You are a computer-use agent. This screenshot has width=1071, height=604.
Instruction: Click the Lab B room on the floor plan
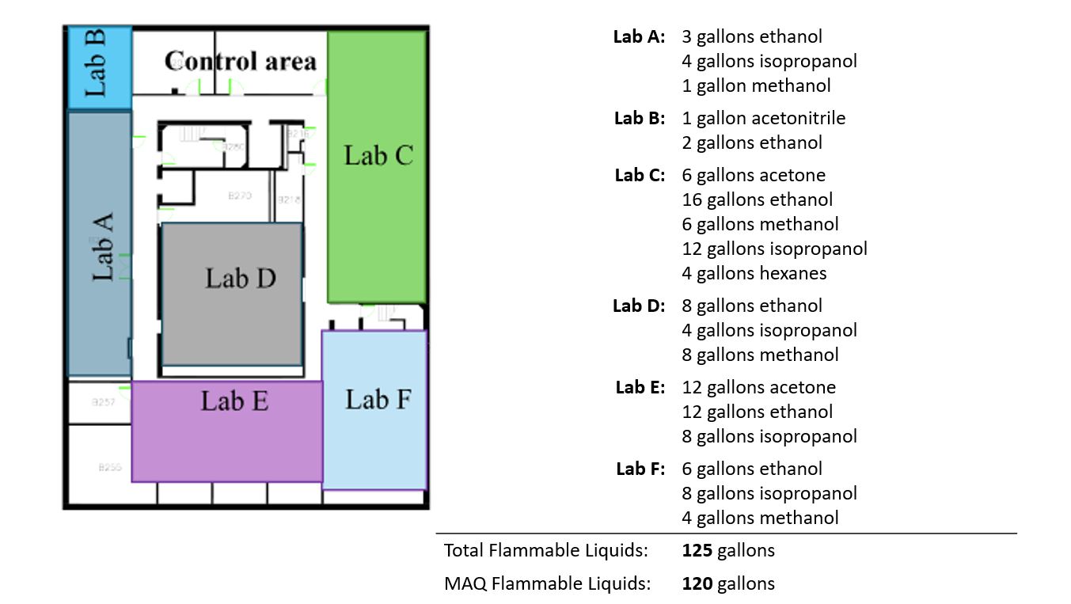pos(99,68)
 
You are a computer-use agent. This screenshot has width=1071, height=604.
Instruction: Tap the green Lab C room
pos(378,166)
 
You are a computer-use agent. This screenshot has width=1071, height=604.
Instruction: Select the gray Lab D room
pos(233,294)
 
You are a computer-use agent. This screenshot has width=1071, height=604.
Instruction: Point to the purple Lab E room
pos(227,431)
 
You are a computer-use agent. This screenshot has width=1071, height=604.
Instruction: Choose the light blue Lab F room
pos(375,410)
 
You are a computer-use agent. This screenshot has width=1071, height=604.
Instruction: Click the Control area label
pos(240,61)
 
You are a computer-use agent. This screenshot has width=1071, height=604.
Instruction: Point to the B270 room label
pos(240,196)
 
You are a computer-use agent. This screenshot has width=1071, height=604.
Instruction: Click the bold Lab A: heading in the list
pos(639,36)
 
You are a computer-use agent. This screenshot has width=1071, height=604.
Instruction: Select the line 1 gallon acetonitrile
pos(763,118)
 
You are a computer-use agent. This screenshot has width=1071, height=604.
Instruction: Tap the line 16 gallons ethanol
pos(757,199)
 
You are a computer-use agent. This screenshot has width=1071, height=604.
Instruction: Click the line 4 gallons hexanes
pos(754,273)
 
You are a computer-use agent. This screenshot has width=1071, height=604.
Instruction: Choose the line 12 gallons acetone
pos(758,387)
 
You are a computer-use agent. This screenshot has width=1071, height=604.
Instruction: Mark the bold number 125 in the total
pos(697,550)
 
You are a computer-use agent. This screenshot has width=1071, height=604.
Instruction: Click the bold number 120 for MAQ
pos(697,583)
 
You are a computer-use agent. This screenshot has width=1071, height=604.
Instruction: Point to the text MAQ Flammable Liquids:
pos(547,583)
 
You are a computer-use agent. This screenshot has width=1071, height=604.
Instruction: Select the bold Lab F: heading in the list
pos(640,469)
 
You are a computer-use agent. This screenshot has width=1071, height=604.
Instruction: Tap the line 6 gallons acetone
pos(754,175)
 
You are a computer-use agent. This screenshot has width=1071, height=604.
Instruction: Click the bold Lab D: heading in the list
pos(639,306)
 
